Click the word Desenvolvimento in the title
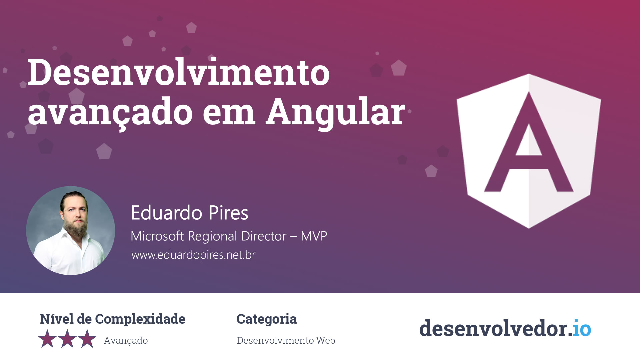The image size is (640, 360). (179, 73)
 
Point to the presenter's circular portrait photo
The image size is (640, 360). (70, 230)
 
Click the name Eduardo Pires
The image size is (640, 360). (189, 213)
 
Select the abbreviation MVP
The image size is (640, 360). (314, 236)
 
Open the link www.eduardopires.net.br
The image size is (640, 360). (193, 255)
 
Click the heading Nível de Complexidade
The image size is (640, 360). (112, 319)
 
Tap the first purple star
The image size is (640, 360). (47, 339)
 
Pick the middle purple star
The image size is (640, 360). (67, 339)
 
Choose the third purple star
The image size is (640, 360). (87, 339)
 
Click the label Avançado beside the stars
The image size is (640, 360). (126, 340)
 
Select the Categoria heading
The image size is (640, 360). (266, 319)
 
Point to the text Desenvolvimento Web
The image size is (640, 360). (286, 340)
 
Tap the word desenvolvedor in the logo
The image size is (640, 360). (493, 328)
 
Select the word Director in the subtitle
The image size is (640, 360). (264, 236)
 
